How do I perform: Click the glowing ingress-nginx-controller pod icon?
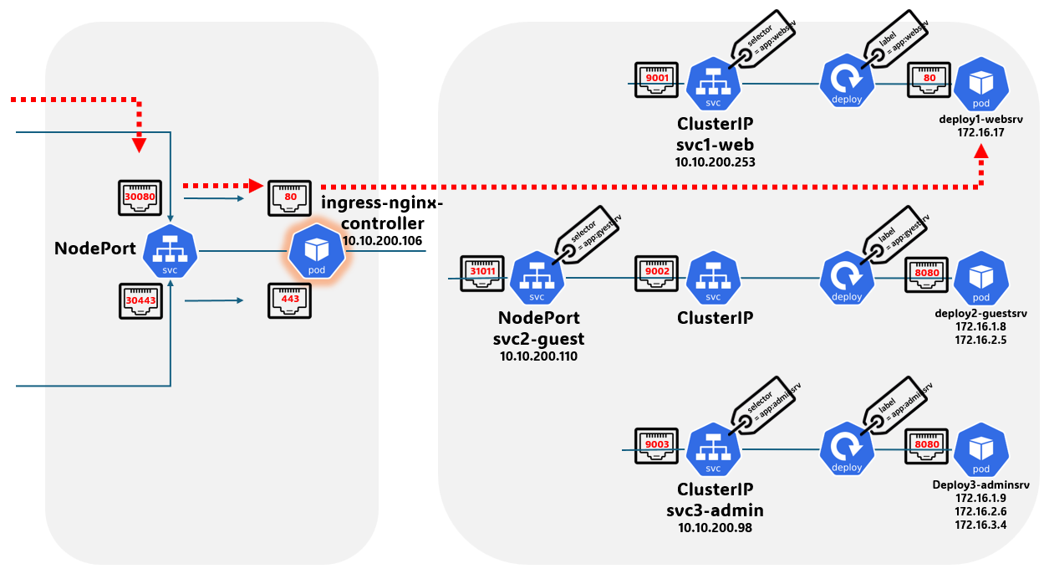click(x=317, y=251)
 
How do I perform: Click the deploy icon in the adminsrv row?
click(x=847, y=449)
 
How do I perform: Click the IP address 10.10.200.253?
click(x=715, y=162)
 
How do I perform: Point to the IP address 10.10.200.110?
click(x=539, y=356)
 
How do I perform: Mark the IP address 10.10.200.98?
click(x=715, y=528)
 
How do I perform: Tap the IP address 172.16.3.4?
click(x=980, y=525)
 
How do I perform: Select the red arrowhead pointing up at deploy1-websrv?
click(x=981, y=155)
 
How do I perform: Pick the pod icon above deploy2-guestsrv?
click(x=980, y=280)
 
